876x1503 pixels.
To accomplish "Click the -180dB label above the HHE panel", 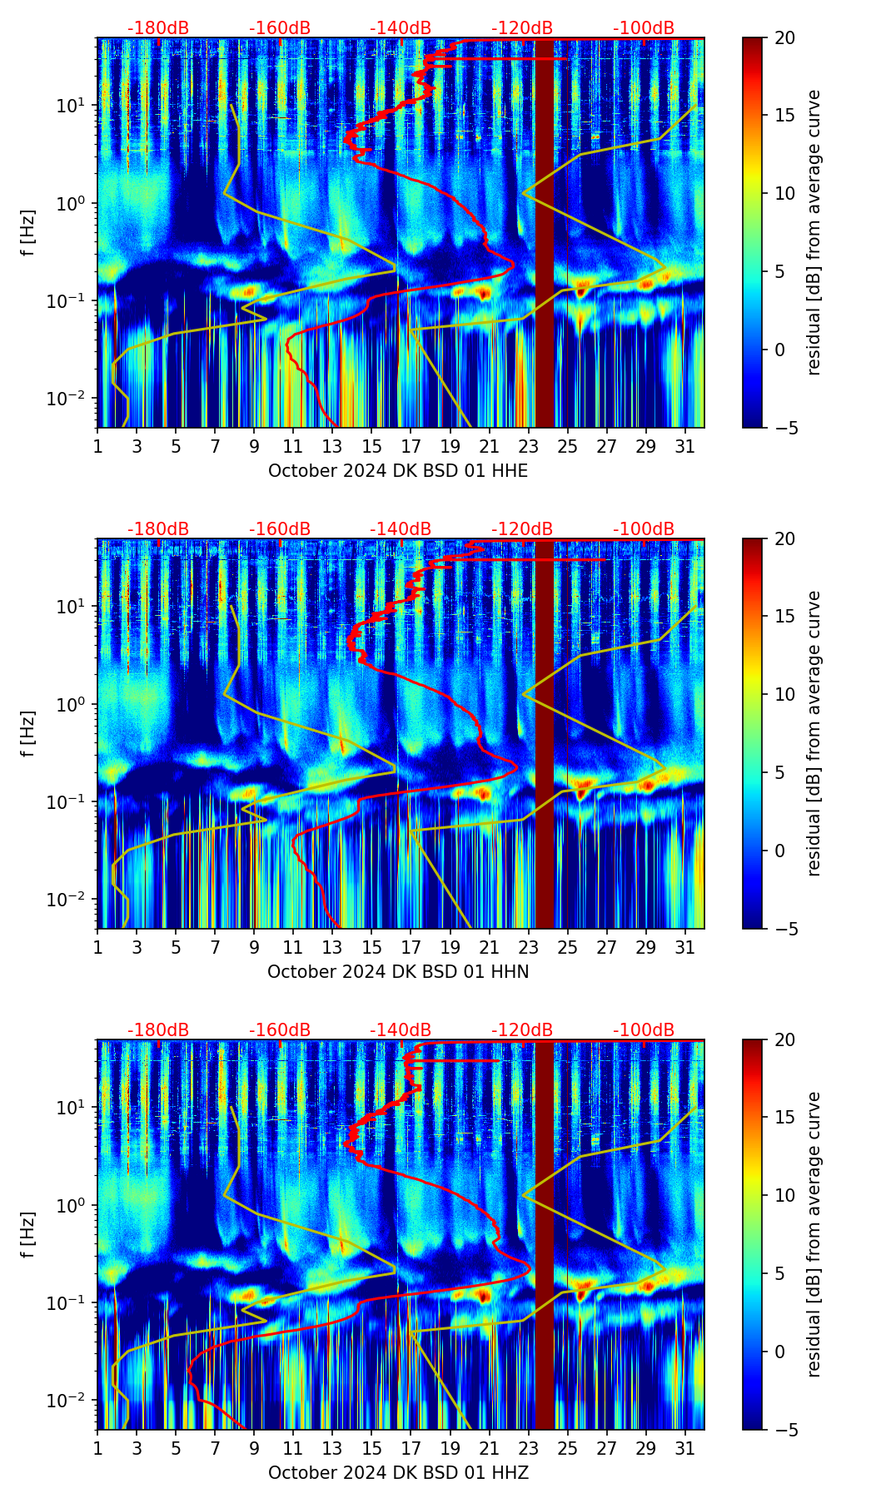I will point(158,28).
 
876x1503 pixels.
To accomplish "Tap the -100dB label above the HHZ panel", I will point(644,1030).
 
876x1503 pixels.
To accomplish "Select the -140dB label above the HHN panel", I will point(401,529).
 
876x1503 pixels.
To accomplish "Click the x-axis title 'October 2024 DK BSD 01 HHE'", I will point(398,471).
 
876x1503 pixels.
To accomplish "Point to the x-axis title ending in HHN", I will point(398,972).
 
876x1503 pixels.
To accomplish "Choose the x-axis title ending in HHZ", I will point(398,1473).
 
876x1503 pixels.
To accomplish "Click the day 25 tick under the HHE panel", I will point(567,447).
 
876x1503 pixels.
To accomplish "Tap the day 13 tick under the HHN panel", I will point(332,948).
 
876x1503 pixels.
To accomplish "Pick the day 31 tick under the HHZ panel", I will point(684,1449).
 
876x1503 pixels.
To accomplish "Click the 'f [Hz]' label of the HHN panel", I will point(28,733).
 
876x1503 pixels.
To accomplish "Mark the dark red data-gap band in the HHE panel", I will point(545,233).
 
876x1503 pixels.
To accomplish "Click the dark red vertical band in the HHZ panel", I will point(545,1235).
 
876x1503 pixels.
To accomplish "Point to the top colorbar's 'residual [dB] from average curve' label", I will point(814,233).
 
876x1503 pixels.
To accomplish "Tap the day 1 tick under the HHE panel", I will point(98,447).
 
